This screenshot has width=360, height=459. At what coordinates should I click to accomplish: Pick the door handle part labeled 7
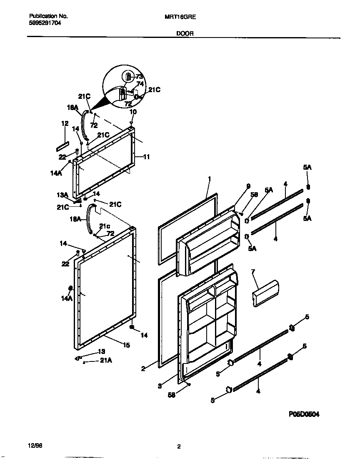tap(265, 293)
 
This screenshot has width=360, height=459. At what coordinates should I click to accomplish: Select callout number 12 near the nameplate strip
tap(65, 123)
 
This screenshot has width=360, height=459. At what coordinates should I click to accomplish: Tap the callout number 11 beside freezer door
tap(147, 157)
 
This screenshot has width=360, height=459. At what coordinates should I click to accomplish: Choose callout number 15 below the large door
tap(126, 345)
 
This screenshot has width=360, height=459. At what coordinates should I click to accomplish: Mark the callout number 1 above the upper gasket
tap(210, 179)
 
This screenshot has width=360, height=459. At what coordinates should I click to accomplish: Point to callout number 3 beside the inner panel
tap(160, 386)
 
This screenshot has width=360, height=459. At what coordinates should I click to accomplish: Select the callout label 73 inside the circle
tap(139, 77)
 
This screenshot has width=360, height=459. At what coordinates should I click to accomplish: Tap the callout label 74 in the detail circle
tap(140, 83)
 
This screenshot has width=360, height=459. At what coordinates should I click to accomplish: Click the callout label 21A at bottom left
tap(106, 361)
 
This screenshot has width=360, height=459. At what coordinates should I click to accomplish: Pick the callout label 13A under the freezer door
tap(62, 195)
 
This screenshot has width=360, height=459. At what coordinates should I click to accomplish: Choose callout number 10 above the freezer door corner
tap(133, 112)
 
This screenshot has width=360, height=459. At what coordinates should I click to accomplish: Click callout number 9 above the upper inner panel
tap(236, 186)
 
